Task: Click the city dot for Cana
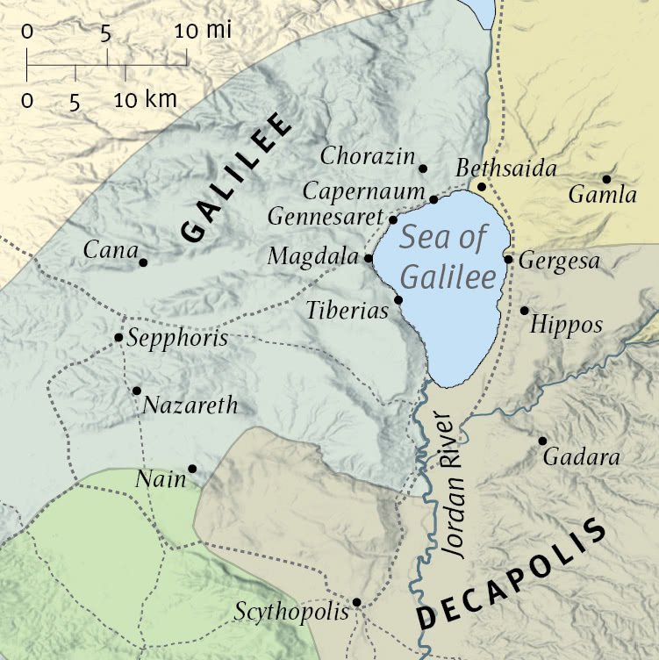point(143,262)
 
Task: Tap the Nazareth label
point(190,405)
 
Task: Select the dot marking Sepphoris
point(118,338)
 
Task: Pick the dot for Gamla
point(606,179)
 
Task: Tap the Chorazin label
point(368,157)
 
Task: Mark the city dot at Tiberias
point(398,300)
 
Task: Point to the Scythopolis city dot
point(357,602)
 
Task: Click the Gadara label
point(582,457)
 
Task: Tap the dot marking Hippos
point(525,311)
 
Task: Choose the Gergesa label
point(559,262)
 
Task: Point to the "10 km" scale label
point(145,99)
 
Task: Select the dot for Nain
point(192,469)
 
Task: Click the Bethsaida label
point(507,169)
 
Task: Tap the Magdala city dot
point(368,259)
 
